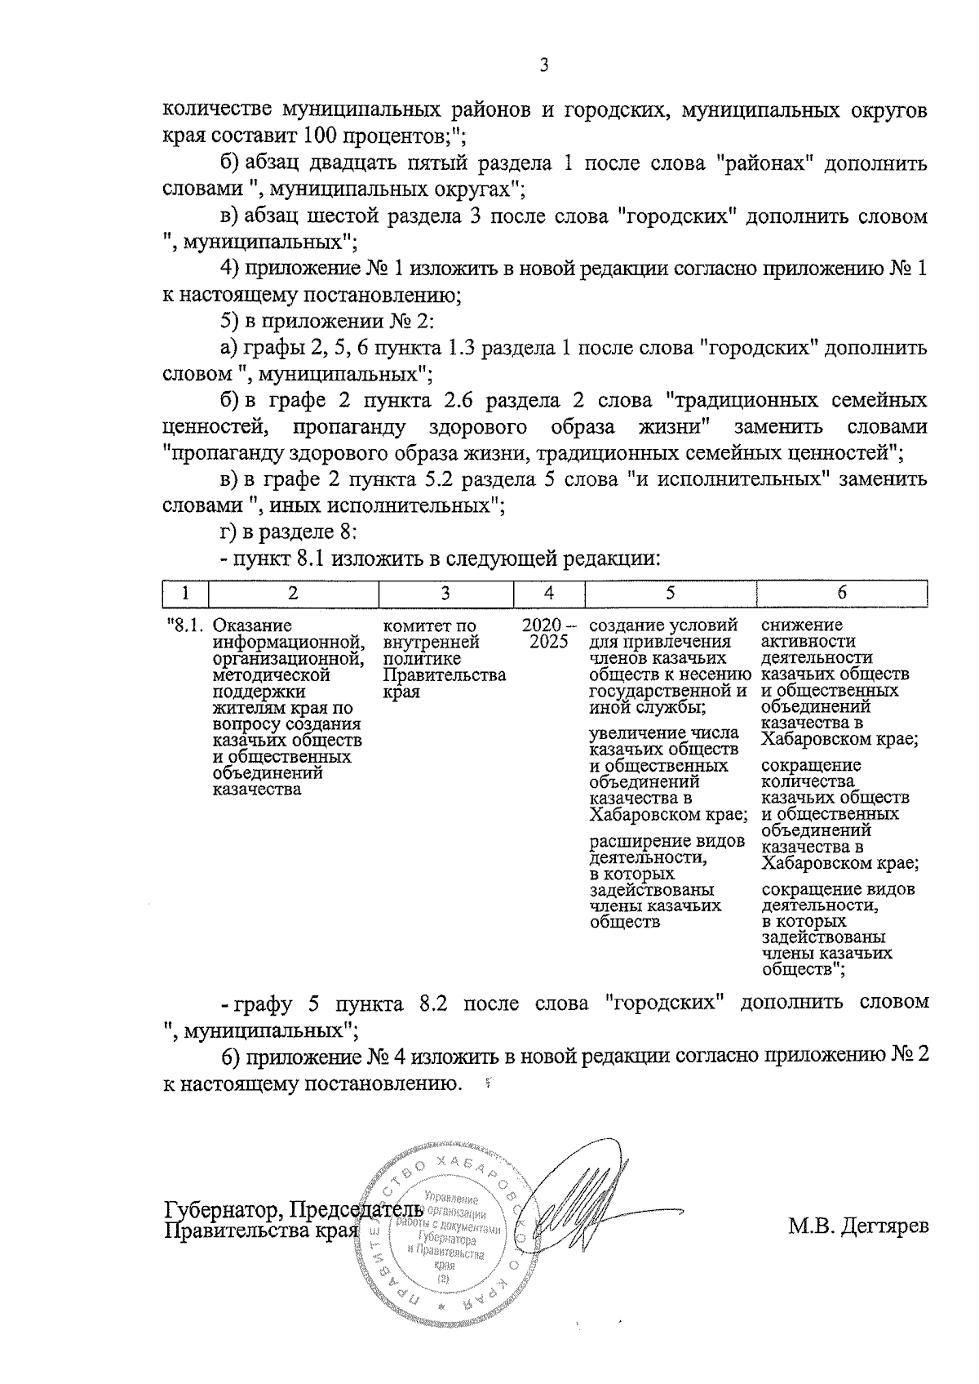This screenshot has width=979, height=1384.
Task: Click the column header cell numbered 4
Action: tap(549, 594)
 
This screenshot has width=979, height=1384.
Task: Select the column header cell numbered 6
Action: tap(842, 594)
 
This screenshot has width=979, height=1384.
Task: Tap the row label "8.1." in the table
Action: tap(184, 626)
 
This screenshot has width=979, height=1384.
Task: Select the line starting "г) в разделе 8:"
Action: tap(290, 533)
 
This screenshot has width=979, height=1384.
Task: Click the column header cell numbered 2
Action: tap(293, 594)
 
